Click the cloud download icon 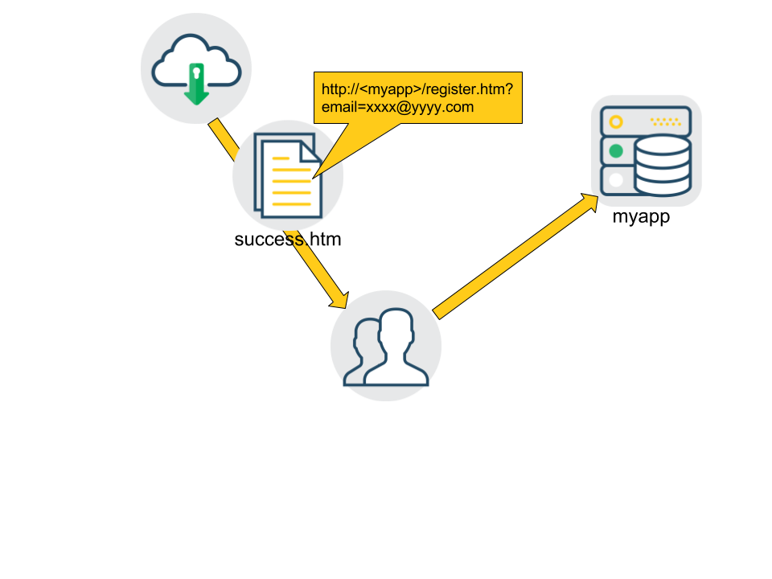click(x=196, y=68)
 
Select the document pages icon click(x=287, y=175)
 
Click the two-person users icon click(x=386, y=346)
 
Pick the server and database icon click(x=647, y=150)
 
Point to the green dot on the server click(x=616, y=151)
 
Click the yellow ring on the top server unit click(x=616, y=122)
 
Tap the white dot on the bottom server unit click(x=616, y=180)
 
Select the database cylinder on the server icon click(x=662, y=165)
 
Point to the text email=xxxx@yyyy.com click(x=397, y=107)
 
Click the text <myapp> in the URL click(x=389, y=89)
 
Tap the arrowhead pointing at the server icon click(x=590, y=202)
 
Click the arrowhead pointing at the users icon click(x=339, y=301)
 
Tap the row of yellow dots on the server click(x=665, y=122)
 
